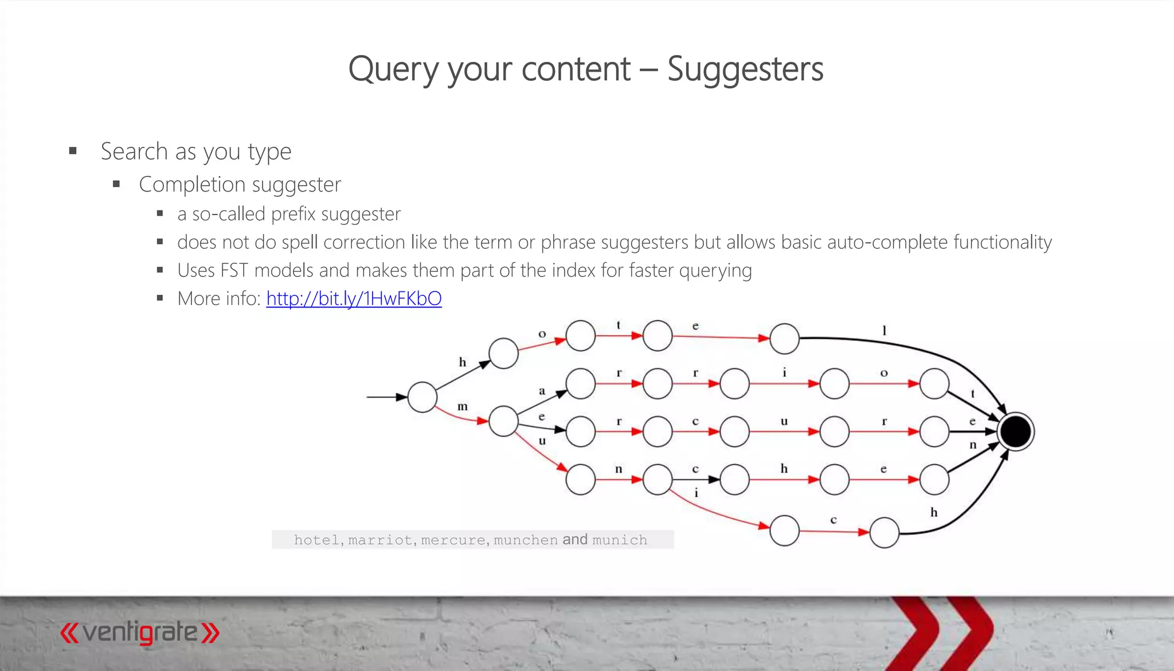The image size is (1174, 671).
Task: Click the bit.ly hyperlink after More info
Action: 354,299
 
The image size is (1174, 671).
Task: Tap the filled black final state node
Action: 1015,431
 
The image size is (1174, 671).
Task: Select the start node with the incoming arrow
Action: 422,397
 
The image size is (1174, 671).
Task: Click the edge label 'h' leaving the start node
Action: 463,362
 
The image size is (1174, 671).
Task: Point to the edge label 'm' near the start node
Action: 463,407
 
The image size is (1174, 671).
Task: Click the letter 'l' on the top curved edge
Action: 884,330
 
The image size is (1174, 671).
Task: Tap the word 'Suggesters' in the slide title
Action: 745,69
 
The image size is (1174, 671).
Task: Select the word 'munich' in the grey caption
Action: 620,540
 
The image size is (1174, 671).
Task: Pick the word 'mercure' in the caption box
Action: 453,540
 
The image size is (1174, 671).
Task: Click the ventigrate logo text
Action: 140,632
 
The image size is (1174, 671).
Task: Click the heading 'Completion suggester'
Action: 240,185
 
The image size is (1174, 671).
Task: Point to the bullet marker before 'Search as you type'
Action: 73,151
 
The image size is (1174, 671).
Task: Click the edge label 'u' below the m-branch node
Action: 542,441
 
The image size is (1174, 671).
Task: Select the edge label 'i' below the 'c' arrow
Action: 696,493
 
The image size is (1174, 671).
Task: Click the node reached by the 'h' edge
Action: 503,353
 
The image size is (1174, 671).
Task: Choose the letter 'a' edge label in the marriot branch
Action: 542,391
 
